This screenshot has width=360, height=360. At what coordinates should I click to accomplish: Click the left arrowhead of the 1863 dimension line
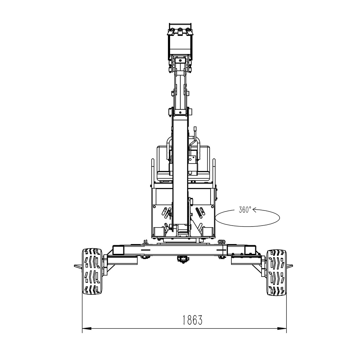(87, 334)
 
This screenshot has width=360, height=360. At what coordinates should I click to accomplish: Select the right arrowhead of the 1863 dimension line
(282, 334)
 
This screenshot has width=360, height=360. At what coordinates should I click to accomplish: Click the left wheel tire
(92, 271)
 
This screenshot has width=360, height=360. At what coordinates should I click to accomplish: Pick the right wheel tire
(277, 272)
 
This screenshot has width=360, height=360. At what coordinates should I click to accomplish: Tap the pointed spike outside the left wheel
(78, 266)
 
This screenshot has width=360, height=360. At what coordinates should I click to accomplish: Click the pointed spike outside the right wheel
(289, 266)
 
